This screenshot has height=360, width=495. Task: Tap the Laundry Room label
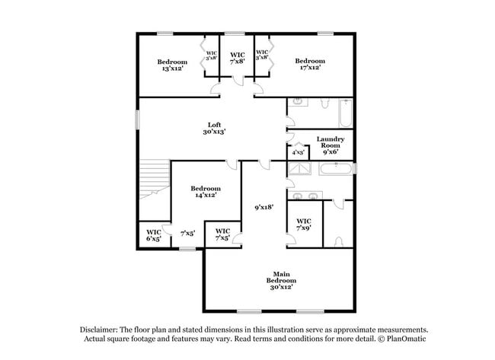(x=331, y=142)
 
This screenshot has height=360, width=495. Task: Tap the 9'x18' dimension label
(x=264, y=205)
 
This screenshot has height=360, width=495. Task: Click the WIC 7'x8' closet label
(x=238, y=59)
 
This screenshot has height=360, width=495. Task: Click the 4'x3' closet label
(x=298, y=152)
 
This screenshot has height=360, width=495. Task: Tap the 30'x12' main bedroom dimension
(x=279, y=286)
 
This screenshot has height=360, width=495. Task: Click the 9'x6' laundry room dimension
(x=331, y=151)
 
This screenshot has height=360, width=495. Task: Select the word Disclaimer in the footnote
(x=103, y=330)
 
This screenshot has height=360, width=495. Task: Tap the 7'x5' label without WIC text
(x=187, y=234)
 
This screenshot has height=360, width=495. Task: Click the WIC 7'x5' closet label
(x=223, y=234)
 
